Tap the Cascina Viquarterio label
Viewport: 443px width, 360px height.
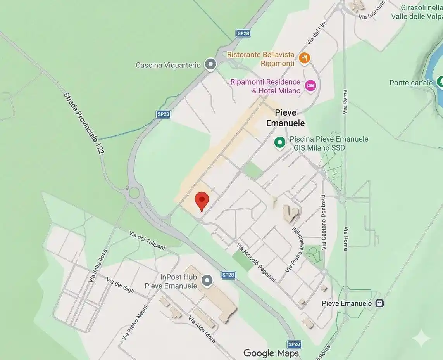click(x=168, y=65)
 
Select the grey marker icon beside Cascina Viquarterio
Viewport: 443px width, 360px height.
click(x=210, y=64)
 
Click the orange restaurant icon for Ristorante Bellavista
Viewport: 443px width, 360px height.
click(x=305, y=59)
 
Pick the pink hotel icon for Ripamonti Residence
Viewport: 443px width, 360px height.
click(x=310, y=86)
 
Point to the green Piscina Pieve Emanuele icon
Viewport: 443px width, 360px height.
click(x=280, y=143)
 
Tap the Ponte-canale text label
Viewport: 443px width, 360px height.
click(x=411, y=83)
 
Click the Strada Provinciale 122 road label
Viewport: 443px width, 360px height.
click(x=84, y=123)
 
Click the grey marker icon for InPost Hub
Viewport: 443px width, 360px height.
click(x=208, y=280)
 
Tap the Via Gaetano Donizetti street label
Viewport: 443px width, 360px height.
click(x=323, y=222)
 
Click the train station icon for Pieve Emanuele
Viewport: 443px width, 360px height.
click(x=380, y=303)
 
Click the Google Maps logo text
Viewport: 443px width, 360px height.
click(x=271, y=353)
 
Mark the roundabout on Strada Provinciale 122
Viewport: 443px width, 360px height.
click(x=134, y=192)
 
